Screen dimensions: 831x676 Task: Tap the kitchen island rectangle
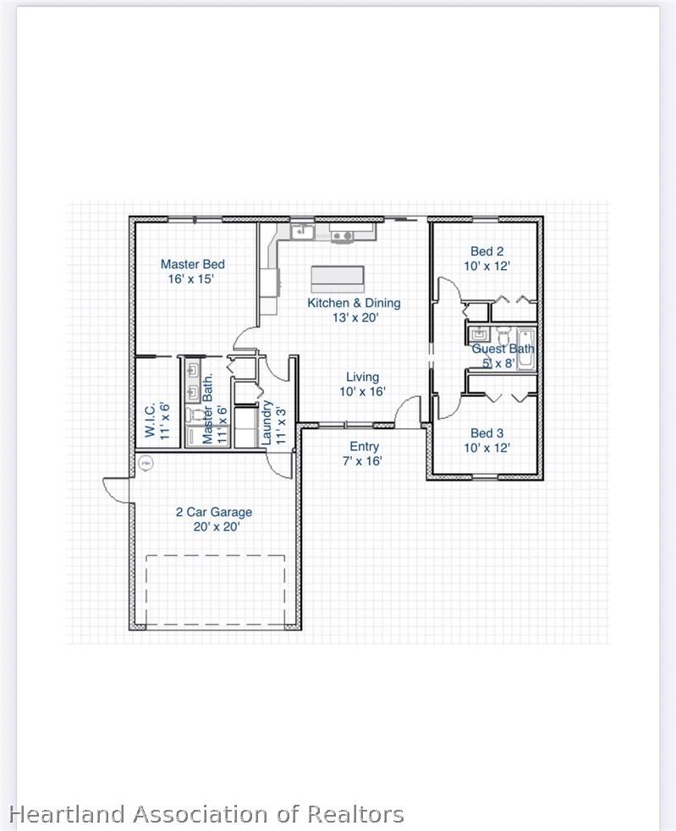(338, 278)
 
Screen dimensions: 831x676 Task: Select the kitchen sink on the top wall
(301, 230)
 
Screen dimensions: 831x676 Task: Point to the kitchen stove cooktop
(342, 234)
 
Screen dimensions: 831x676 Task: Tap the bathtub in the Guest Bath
(526, 348)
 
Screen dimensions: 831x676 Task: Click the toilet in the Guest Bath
(502, 332)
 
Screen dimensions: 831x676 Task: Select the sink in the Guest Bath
(478, 334)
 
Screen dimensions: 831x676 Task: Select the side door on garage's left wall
(116, 488)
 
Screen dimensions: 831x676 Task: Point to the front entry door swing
(409, 413)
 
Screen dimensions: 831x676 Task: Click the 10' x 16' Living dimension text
(362, 392)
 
